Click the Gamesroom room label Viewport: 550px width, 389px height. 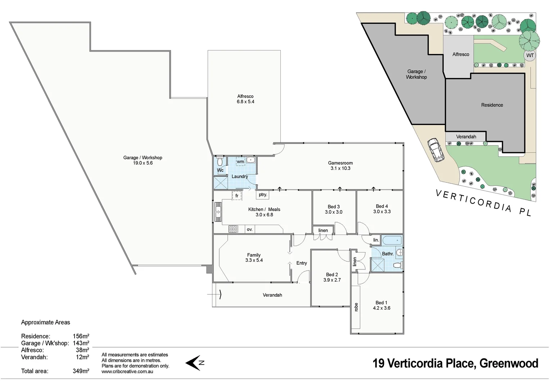pos(340,165)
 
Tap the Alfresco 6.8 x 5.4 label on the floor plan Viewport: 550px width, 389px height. pos(245,99)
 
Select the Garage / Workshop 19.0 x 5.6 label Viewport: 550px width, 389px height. pos(143,160)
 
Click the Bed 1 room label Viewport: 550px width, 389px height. pos(382,305)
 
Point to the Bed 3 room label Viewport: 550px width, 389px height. pos(334,209)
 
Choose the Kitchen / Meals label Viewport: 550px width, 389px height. pos(264,212)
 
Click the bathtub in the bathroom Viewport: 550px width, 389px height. pos(392,240)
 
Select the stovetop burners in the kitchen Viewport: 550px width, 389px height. pos(233,229)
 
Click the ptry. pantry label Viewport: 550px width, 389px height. pos(263,195)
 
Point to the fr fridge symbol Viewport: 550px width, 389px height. pos(237,196)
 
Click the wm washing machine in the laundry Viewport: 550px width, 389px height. pos(240,162)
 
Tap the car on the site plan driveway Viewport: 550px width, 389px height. pos(436,149)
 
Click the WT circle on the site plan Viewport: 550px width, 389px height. pos(530,55)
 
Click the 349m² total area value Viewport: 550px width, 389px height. pos(81,371)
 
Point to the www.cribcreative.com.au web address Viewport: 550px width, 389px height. pos(127,371)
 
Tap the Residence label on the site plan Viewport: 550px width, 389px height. pos(492,105)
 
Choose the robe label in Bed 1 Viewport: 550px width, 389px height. pos(356,307)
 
